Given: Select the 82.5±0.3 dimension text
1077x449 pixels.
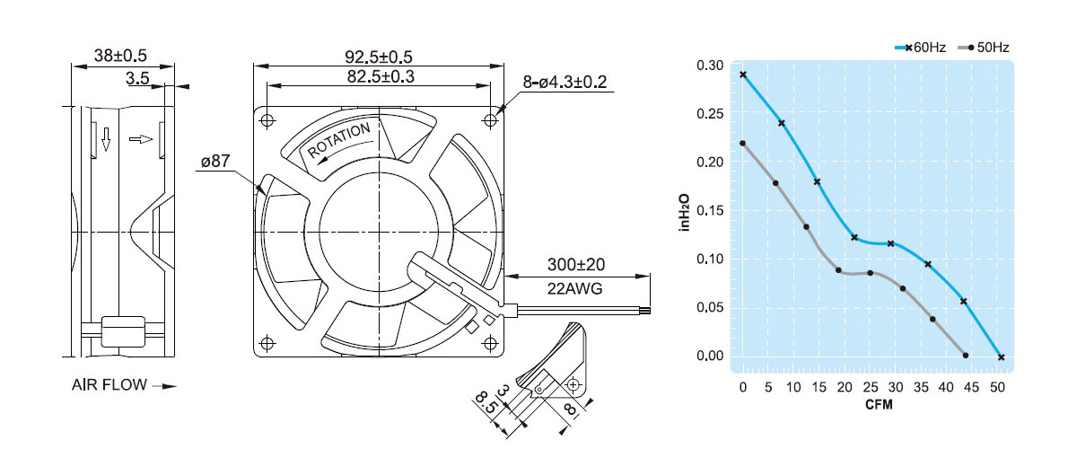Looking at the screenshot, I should point(380,77).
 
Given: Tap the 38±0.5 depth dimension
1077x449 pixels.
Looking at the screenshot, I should point(120,56).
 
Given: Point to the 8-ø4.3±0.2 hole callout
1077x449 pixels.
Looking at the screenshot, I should point(565,83).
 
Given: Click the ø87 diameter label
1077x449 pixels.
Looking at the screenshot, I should point(216,163).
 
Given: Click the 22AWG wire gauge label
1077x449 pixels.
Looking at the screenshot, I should point(575,289).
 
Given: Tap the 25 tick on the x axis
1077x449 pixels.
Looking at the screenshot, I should point(870,387).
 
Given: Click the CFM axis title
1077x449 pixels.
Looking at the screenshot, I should point(879,404).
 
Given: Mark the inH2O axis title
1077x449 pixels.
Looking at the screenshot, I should point(685,212).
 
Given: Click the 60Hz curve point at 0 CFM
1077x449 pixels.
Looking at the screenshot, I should point(743,75).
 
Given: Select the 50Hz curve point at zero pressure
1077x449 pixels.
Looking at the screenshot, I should point(966,356).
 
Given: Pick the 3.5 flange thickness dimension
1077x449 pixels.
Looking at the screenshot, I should point(137,79).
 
